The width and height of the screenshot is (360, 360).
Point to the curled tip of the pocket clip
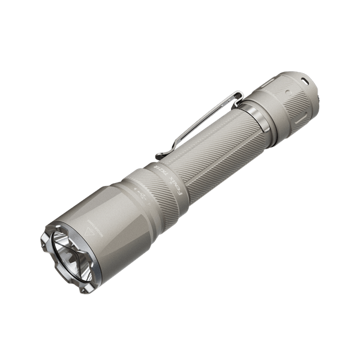click(x=160, y=155)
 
